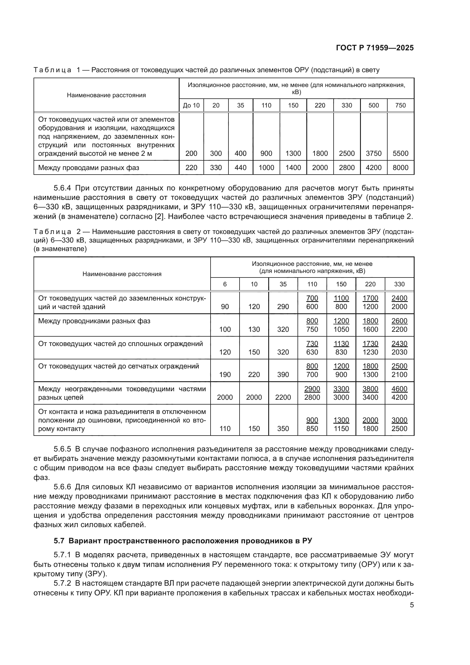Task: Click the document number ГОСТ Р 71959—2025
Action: click(x=375, y=48)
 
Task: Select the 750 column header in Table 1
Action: click(x=400, y=105)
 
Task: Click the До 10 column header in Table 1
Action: click(x=191, y=105)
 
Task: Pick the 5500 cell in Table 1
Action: click(x=400, y=154)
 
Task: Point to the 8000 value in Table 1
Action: click(x=400, y=168)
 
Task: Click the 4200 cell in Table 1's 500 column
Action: click(x=373, y=168)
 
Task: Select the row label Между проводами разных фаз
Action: click(x=89, y=168)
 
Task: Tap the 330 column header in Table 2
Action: click(x=399, y=284)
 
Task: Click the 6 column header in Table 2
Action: click(x=225, y=284)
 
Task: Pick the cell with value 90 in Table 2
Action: click(x=225, y=307)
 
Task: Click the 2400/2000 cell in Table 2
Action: click(x=399, y=303)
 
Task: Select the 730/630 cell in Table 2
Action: click(x=312, y=348)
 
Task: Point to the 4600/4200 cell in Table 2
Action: click(x=399, y=393)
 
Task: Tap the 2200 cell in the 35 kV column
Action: click(x=283, y=397)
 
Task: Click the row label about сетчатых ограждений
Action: click(x=119, y=366)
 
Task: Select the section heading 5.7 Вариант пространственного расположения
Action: click(x=183, y=541)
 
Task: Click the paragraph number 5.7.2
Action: click(x=62, y=583)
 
